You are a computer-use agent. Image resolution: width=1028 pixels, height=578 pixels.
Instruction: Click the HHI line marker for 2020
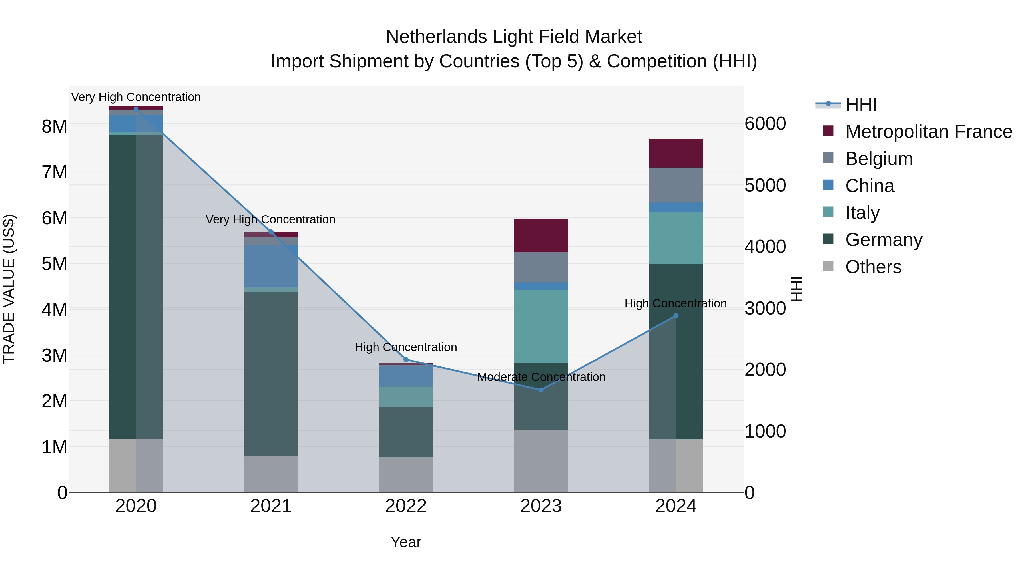(136, 109)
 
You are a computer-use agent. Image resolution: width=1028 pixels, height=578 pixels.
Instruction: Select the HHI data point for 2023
(541, 390)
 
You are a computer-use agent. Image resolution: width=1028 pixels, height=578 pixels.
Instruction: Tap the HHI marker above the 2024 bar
(676, 315)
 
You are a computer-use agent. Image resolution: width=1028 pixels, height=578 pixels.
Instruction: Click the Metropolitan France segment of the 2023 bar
(541, 235)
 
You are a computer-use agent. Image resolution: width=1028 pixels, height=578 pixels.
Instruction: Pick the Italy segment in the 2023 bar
(541, 326)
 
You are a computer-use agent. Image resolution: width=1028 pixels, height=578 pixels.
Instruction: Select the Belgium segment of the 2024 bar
(676, 185)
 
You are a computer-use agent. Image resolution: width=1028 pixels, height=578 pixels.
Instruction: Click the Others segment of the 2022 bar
(406, 474)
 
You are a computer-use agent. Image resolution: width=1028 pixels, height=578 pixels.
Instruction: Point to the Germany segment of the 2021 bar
(271, 374)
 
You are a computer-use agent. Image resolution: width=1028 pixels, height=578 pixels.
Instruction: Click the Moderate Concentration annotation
(541, 377)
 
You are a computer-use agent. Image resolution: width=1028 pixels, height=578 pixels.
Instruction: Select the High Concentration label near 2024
(675, 304)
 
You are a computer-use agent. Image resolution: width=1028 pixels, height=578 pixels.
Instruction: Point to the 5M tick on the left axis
(54, 264)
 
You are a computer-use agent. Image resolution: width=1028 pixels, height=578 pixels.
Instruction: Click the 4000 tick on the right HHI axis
(765, 247)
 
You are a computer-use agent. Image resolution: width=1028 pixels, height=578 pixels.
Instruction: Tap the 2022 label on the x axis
(406, 506)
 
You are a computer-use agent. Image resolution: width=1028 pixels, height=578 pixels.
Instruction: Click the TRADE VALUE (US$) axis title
(9, 289)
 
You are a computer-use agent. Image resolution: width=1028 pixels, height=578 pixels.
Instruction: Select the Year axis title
(406, 542)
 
